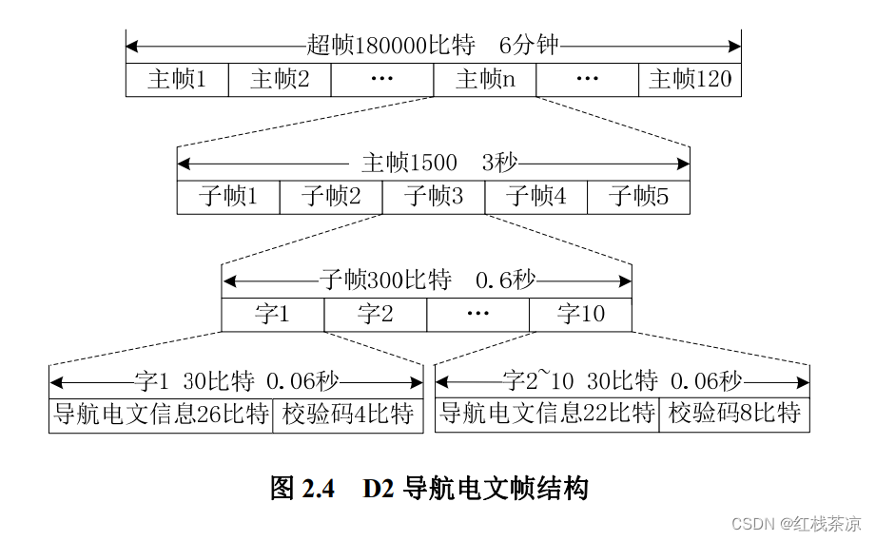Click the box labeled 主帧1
177,80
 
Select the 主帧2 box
280,80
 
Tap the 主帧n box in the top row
485,80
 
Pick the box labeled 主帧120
690,80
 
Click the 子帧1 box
228,197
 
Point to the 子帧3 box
434,197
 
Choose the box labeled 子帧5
638,197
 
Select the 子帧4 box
536,197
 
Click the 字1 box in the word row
273,315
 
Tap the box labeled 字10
580,315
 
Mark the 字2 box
376,315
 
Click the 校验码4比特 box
347,415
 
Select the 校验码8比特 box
734,415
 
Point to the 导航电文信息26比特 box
161,415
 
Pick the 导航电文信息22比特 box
547,415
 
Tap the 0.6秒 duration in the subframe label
505,280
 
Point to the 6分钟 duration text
529,46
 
